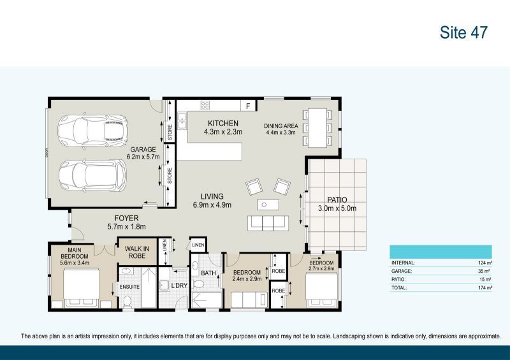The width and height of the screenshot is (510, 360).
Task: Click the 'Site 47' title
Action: [x=463, y=33]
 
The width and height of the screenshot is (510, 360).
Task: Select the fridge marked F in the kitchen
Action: [x=246, y=105]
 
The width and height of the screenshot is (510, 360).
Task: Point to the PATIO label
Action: [x=337, y=199]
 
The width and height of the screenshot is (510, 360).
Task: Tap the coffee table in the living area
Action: [x=268, y=205]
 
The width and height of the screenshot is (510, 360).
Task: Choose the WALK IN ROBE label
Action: [x=136, y=252]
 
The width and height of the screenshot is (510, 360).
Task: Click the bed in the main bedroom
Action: [x=81, y=288]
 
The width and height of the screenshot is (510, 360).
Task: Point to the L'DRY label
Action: [x=179, y=285]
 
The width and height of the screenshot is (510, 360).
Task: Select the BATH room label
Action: [x=208, y=274]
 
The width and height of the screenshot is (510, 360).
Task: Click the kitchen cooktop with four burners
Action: [x=205, y=105]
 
